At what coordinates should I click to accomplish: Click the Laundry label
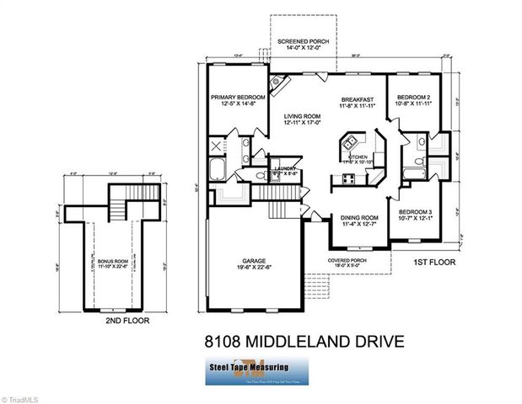tap(287, 169)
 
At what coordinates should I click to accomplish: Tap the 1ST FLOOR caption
tap(434, 263)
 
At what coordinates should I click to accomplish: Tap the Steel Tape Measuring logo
tap(259, 370)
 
